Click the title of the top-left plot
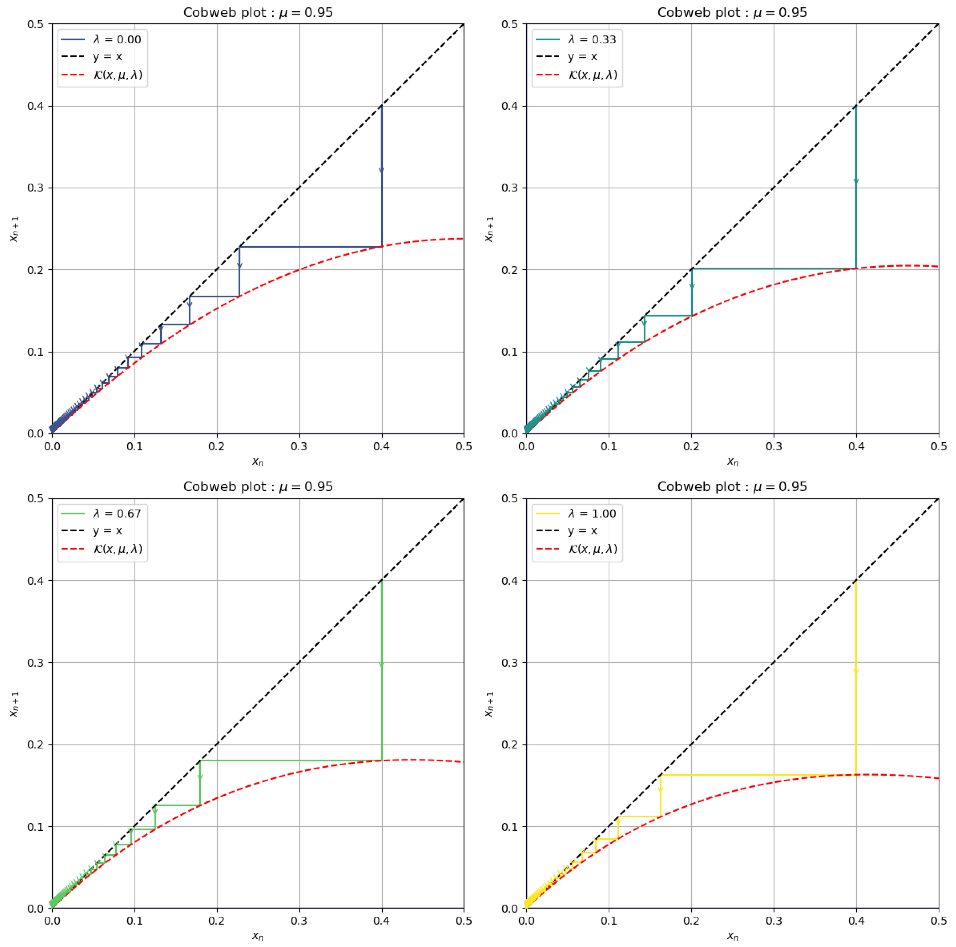click(x=258, y=12)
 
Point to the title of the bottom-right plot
click(x=732, y=487)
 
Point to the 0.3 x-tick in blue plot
click(x=299, y=447)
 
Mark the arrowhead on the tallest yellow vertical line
click(x=856, y=671)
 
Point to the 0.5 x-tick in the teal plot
click(x=938, y=447)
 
